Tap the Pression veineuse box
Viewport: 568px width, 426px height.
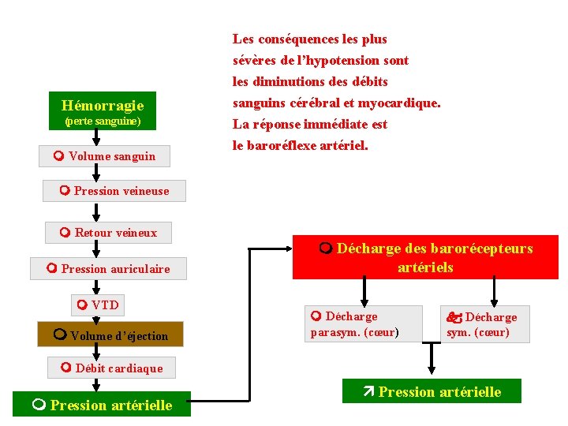click(x=115, y=191)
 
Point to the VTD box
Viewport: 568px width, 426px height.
click(x=98, y=305)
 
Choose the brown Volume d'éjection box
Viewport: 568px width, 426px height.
click(x=104, y=335)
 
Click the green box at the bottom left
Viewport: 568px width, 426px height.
click(x=103, y=405)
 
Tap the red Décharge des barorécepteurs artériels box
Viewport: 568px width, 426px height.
click(x=425, y=258)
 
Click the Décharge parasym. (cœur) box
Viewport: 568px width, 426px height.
click(x=364, y=324)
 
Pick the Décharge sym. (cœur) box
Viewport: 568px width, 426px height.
click(x=484, y=324)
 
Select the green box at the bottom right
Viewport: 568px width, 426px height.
click(x=432, y=391)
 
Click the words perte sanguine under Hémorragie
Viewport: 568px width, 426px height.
click(x=103, y=121)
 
